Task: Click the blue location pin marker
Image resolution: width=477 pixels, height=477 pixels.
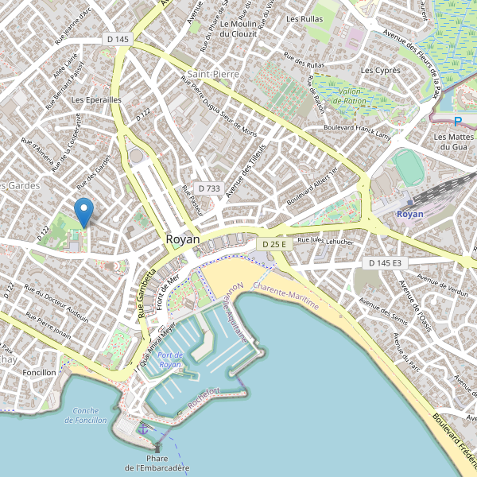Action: click(83, 211)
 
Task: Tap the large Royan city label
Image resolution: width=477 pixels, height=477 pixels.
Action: click(184, 238)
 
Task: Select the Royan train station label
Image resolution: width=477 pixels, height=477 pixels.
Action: click(410, 214)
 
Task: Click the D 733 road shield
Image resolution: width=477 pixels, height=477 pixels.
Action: click(208, 188)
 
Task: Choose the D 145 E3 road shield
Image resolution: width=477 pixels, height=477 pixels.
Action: click(384, 262)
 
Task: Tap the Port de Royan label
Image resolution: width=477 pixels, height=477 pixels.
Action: click(170, 359)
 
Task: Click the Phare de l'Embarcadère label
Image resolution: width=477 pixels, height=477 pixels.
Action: click(157, 463)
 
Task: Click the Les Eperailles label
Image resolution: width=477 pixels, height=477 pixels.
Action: click(96, 100)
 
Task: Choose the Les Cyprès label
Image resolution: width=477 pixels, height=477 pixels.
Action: click(380, 70)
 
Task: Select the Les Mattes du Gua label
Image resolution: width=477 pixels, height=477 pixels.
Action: click(452, 142)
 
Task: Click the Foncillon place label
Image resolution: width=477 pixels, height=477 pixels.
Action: click(40, 372)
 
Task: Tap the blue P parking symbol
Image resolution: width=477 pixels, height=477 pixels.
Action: click(457, 122)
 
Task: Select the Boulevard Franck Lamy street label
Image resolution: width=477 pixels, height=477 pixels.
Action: click(358, 131)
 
